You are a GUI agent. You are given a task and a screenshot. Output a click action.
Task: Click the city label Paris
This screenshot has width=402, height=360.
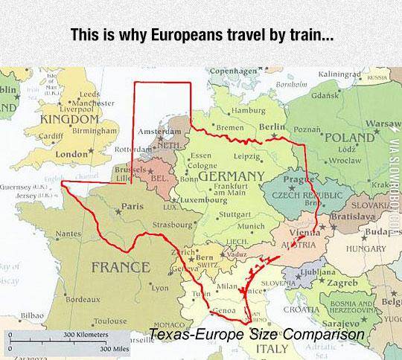tap(132, 206)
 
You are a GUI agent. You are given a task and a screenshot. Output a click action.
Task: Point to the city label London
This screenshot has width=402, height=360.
tap(72, 154)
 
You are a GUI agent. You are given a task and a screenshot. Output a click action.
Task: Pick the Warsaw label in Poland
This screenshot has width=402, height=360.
tap(383, 120)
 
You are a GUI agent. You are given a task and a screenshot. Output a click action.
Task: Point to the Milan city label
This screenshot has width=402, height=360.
tap(226, 286)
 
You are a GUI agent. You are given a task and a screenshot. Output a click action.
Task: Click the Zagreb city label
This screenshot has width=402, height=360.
tap(342, 283)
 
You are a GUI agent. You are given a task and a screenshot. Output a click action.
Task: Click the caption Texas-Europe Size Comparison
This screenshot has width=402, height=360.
tap(257, 335)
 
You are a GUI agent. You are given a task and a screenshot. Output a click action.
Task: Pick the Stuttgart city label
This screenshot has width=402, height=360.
tap(237, 214)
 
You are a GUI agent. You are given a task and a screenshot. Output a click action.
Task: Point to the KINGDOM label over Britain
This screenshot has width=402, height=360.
tap(68, 119)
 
